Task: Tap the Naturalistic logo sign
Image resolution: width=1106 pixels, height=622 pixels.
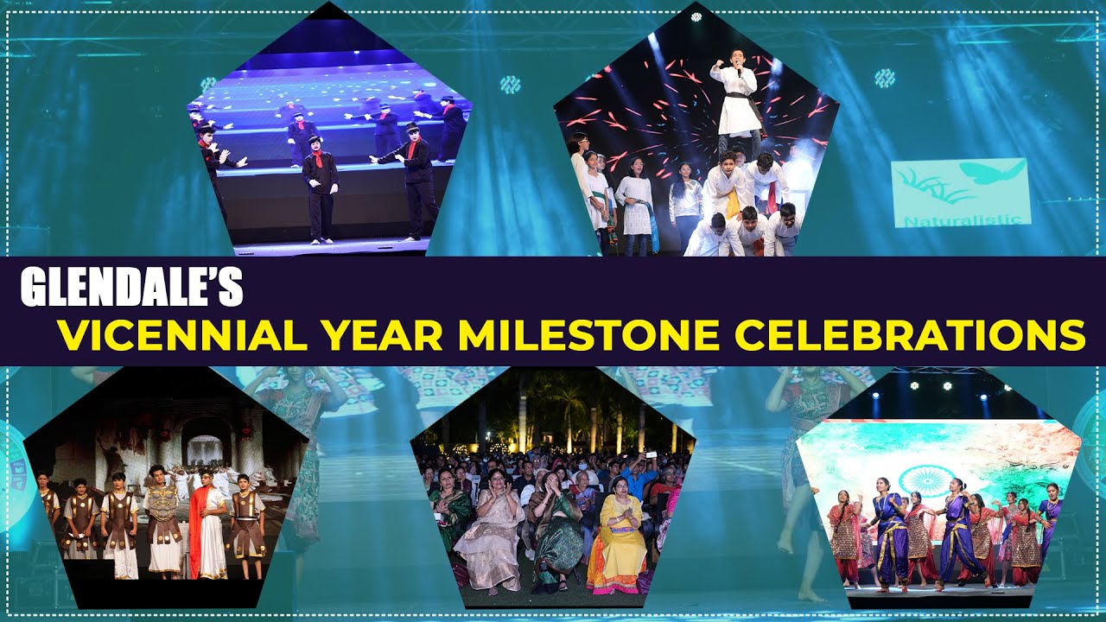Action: tap(960, 192)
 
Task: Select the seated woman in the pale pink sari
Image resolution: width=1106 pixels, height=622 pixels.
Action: tap(488, 531)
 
